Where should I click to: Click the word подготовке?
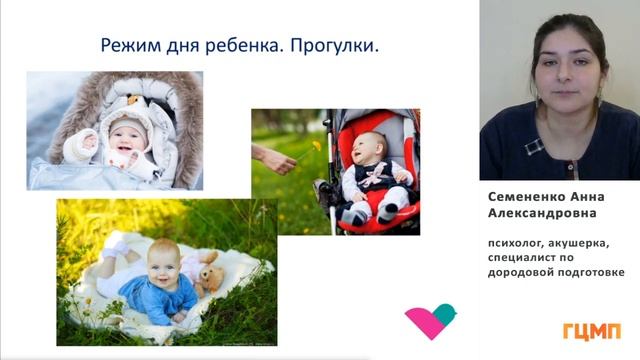click(x=587, y=271)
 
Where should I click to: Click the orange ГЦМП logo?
click(x=592, y=330)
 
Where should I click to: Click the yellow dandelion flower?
click(x=317, y=145)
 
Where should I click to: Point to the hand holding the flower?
click(x=274, y=158)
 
